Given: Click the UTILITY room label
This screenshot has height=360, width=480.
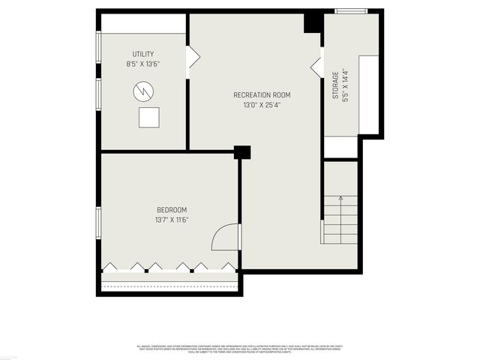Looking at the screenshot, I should (x=143, y=54).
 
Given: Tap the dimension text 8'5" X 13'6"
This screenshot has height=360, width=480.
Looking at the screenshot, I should (x=143, y=64).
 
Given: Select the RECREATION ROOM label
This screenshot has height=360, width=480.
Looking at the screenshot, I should (x=262, y=95).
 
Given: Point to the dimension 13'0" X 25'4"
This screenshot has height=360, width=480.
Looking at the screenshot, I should (x=262, y=105).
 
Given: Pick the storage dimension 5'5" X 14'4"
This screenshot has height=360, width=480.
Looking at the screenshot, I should (x=345, y=86).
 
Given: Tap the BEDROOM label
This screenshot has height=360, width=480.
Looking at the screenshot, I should (x=172, y=209).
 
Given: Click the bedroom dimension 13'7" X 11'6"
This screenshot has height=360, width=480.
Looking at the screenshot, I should (x=172, y=220).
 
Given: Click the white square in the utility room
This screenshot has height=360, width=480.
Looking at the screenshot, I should (x=149, y=118).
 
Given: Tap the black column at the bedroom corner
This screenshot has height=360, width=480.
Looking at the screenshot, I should (x=241, y=152).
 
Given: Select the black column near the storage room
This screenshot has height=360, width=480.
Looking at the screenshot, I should (x=313, y=22).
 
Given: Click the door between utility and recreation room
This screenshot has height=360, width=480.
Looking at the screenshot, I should (x=192, y=58).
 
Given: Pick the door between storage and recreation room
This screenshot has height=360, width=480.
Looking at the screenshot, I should (x=317, y=65).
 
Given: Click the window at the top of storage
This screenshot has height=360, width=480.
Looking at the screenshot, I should (x=351, y=11).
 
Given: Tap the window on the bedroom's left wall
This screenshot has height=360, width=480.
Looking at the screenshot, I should (x=99, y=223).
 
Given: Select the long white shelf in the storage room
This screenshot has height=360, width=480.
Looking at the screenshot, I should (x=368, y=94).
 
